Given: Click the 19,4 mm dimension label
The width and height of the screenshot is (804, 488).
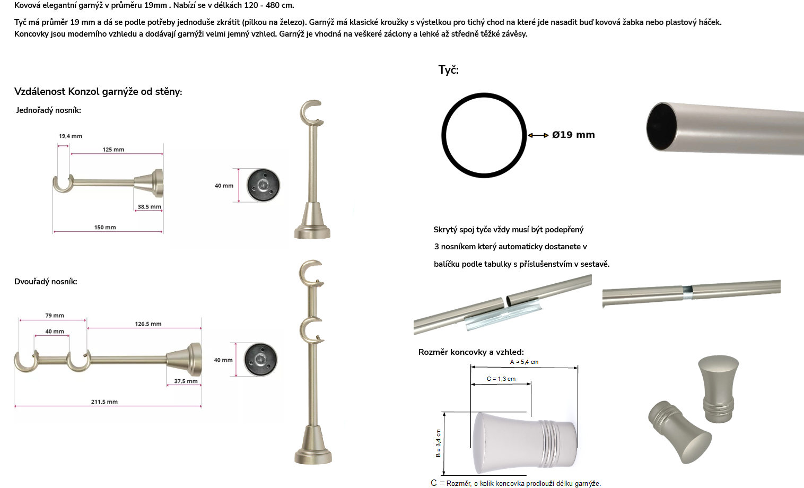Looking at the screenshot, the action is tap(71, 136).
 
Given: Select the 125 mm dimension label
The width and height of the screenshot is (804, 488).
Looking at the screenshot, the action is tap(113, 150).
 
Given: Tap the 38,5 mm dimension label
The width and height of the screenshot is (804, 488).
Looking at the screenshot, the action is tap(150, 206).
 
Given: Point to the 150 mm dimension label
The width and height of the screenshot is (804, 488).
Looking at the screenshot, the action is tap(105, 228).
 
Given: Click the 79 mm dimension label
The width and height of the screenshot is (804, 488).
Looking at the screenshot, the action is tap(55, 315).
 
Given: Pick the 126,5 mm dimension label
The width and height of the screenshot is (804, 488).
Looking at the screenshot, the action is tap(148, 324).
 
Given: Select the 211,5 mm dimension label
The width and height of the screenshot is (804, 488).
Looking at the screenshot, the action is tap(104, 402).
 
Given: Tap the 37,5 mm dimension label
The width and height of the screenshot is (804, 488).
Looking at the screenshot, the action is tap(186, 381).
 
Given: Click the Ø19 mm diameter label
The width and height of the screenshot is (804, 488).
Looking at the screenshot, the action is tap(573, 135).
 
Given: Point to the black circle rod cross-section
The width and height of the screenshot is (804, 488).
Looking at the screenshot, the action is tap(442, 135).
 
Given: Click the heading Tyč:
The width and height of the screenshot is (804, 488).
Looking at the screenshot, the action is tap(449, 69).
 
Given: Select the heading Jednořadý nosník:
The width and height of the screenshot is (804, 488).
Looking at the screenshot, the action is tap(48, 110).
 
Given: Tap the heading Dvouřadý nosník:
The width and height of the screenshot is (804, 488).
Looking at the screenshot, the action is tap(46, 282).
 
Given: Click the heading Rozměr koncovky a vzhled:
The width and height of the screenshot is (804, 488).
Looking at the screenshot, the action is tap(471, 352).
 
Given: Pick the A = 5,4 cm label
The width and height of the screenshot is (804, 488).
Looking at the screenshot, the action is tap(524, 362).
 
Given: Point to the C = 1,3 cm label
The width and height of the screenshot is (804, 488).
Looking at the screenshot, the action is tap(501, 379).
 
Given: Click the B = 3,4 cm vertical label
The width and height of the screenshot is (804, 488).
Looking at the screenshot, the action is tap(438, 443).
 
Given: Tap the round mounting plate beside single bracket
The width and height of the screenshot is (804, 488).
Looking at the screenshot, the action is tap(263, 185).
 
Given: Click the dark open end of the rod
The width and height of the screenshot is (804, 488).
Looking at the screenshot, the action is tap(661, 126).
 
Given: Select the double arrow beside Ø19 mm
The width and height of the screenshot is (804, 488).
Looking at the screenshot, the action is tap(538, 135).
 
